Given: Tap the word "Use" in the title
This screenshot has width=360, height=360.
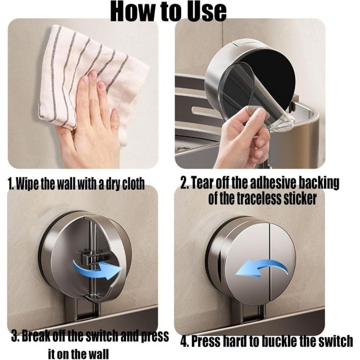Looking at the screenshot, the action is [x=206, y=11].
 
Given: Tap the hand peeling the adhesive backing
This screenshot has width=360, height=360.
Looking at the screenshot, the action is [x=243, y=140].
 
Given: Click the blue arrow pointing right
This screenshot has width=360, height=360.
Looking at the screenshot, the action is [x=98, y=268].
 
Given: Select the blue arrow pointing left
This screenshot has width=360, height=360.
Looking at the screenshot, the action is [x=262, y=268].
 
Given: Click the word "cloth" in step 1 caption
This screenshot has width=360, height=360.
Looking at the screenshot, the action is [x=133, y=184].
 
